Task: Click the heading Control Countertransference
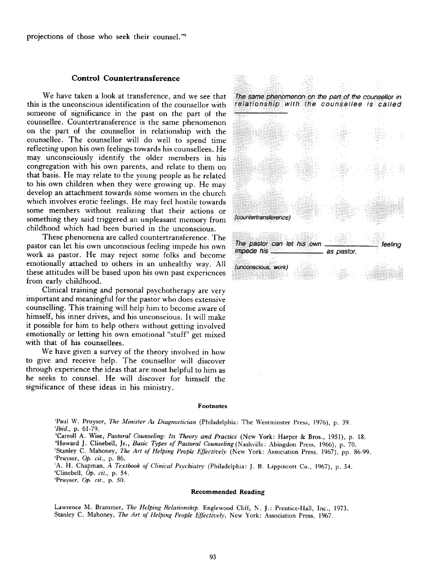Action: (x=126, y=78)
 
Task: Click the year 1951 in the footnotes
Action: (x=314, y=436)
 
